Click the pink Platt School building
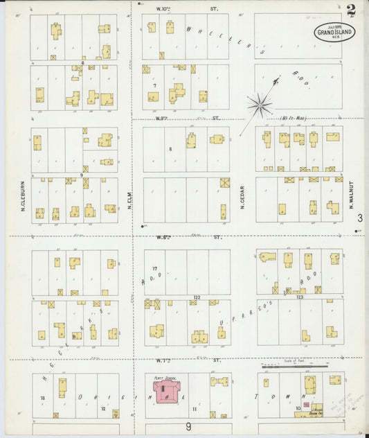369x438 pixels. [165, 394]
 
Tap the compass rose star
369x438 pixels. [260, 105]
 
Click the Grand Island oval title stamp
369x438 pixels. [335, 31]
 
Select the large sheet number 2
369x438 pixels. [352, 10]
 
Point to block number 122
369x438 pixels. [197, 297]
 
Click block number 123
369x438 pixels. [300, 297]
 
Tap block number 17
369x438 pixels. [156, 269]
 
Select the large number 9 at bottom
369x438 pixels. [188, 427]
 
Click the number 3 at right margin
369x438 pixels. [360, 218]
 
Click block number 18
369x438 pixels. [42, 398]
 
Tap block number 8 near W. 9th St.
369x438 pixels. [170, 148]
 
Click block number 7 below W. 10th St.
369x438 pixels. [155, 85]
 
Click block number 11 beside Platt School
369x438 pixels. [195, 410]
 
